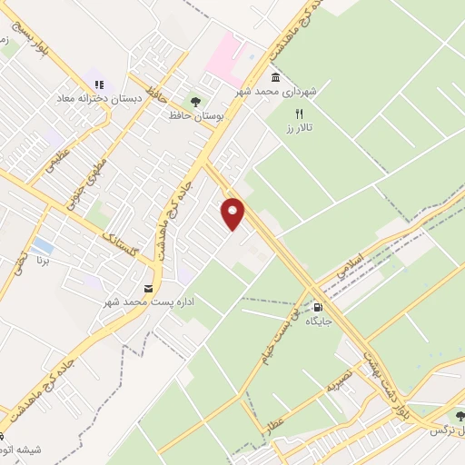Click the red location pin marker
pos(233,213)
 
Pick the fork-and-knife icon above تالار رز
pos(297,114)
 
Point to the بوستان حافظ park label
pos(193,116)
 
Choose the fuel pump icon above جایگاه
pos(316,306)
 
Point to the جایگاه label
pos(317,321)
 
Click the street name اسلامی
pos(349,265)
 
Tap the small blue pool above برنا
pos(42,245)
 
